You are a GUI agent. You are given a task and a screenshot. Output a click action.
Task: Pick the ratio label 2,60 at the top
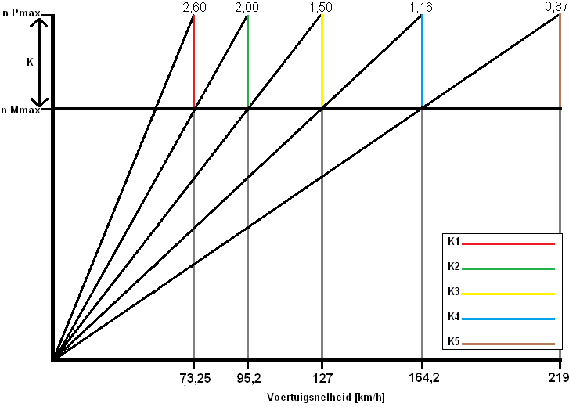(193, 6)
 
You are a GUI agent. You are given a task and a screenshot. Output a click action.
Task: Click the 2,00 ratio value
(247, 6)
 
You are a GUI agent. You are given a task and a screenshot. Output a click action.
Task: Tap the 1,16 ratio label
(421, 6)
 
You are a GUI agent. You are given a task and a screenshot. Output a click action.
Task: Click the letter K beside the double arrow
(30, 62)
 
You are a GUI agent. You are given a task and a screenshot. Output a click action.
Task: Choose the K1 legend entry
(454, 243)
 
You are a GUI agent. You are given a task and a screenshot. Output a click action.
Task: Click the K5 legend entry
(454, 341)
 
